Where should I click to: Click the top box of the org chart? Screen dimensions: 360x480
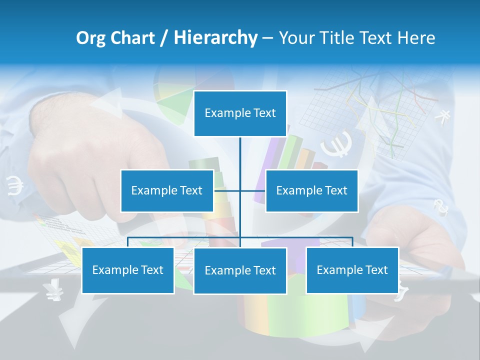[x=240, y=113]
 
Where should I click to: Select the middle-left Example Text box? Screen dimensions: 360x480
[x=167, y=190]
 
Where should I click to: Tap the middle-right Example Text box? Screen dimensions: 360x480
[x=311, y=190]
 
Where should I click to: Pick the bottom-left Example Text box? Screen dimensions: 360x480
[x=128, y=270]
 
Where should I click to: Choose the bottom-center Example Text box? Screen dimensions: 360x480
[x=240, y=270]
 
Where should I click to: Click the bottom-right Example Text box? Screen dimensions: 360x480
[x=352, y=270]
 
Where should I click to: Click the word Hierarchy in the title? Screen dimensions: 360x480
[x=215, y=38]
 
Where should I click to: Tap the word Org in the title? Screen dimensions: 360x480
[x=91, y=38]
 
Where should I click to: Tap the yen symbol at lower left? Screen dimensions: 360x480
[x=51, y=289]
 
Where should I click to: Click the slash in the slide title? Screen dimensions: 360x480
[x=164, y=38]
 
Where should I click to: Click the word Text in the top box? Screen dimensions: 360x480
[x=264, y=113]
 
